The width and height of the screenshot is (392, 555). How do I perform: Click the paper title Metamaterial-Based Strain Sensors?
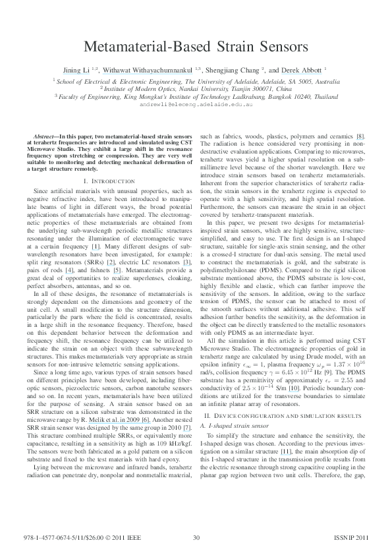(196, 47)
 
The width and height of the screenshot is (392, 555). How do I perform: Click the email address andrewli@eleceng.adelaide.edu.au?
(196, 104)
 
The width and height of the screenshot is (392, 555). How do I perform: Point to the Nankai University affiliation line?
(196, 88)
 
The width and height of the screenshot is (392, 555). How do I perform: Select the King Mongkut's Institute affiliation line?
(196, 96)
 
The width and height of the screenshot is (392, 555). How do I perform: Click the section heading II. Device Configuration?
(281, 380)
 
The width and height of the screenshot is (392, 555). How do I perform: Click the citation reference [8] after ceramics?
(360, 136)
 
